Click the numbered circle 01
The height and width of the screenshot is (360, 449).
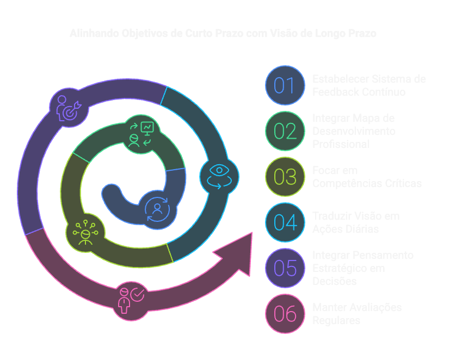(x=285, y=85)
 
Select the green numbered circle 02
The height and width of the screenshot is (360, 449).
(x=285, y=131)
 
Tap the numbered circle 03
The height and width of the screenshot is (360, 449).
(x=285, y=177)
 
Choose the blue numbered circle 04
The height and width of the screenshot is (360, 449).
(x=285, y=223)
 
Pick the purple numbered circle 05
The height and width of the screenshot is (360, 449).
(x=285, y=269)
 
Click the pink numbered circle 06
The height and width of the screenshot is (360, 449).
(x=285, y=314)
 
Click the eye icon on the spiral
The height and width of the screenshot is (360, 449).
(x=219, y=176)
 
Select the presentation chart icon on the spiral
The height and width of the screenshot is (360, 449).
(x=140, y=134)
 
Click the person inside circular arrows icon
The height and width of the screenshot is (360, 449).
(x=157, y=210)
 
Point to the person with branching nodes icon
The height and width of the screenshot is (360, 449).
(x=85, y=233)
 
